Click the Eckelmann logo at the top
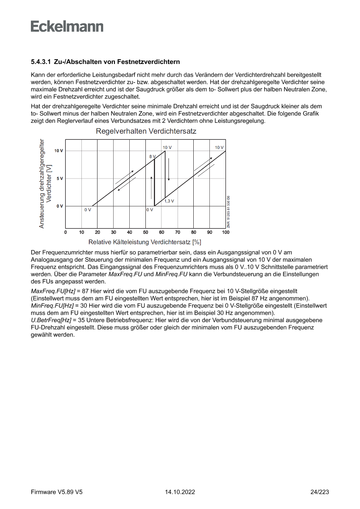[67, 27]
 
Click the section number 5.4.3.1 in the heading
[41, 62]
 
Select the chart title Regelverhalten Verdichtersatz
[146, 131]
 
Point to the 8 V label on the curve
[152, 156]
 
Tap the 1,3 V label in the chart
[169, 201]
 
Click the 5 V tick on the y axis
[58, 179]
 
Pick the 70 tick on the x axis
[178, 233]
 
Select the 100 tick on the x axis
[225, 233]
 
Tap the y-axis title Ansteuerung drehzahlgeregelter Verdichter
[45, 183]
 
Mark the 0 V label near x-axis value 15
[87, 210]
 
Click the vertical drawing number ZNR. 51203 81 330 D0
[228, 212]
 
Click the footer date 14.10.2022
[180, 492]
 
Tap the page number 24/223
[320, 492]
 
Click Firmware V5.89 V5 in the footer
[57, 492]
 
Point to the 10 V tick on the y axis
[58, 151]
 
